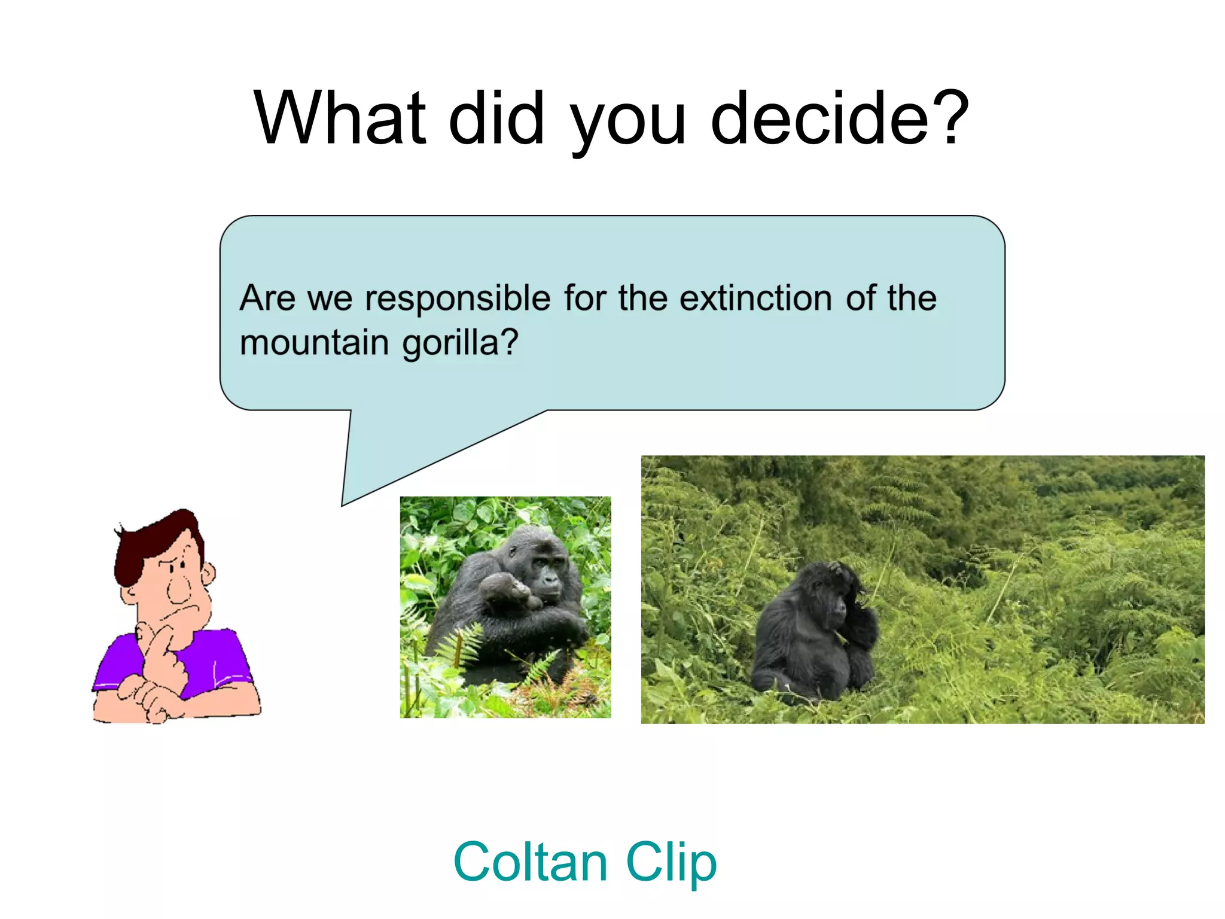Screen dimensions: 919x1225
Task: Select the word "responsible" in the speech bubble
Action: [x=458, y=299]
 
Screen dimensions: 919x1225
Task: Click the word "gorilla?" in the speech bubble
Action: [x=460, y=343]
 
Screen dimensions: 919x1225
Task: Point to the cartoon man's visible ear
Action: [x=208, y=574]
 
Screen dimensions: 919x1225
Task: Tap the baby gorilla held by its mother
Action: [x=505, y=593]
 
